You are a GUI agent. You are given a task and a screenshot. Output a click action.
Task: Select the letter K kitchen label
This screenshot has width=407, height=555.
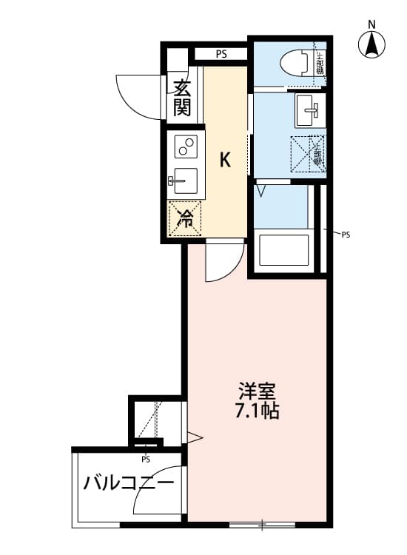tap(226, 158)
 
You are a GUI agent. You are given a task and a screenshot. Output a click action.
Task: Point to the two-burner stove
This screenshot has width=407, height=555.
tap(185, 146)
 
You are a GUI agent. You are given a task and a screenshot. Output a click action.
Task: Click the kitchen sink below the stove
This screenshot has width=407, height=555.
tap(184, 181)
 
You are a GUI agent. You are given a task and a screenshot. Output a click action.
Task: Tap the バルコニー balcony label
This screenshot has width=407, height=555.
tap(128, 485)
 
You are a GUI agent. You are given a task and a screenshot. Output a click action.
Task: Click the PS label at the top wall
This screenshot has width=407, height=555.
tap(221, 53)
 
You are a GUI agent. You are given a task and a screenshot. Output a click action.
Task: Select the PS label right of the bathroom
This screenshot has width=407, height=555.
tap(345, 235)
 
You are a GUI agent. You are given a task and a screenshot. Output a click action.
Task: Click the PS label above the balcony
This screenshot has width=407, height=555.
tap(146, 458)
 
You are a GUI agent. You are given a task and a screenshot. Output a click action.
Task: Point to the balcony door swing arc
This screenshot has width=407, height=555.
tap(156, 492)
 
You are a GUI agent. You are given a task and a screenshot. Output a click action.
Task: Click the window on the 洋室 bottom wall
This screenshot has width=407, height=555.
tap(262, 525)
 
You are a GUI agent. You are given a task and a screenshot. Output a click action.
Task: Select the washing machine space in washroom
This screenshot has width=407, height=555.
tap(307, 153)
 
